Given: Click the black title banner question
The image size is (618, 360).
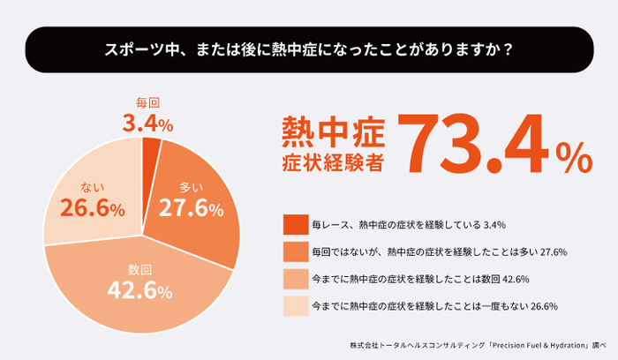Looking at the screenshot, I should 309,49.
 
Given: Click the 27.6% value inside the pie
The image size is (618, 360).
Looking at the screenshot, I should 191,209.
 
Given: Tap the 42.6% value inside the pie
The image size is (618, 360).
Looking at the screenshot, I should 139,289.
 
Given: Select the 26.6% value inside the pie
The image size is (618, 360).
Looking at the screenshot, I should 92,208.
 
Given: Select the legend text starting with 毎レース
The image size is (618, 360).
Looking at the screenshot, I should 407,224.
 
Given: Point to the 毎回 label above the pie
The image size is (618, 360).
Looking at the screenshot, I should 147,102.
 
